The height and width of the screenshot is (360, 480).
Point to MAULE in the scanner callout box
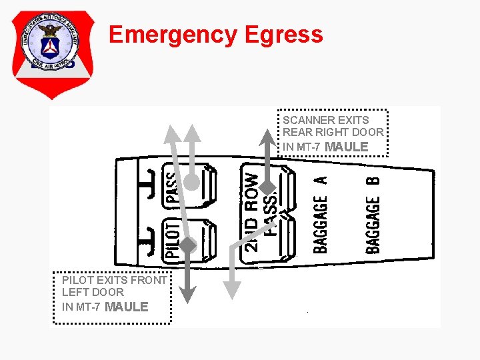pyautogui.click(x=346, y=146)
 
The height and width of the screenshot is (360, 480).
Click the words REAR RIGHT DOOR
pyautogui.click(x=333, y=133)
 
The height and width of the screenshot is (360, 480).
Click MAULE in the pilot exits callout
pyautogui.click(x=127, y=307)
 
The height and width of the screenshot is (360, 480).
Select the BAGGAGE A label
pyautogui.click(x=321, y=214)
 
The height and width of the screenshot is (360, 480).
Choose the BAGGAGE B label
pyautogui.click(x=373, y=215)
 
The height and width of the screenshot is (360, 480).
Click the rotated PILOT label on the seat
pyautogui.click(x=172, y=241)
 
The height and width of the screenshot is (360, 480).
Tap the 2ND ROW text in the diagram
pyautogui.click(x=251, y=211)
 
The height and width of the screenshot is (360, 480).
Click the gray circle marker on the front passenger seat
pyautogui.click(x=191, y=181)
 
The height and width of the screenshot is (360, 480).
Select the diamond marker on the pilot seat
pyautogui.click(x=188, y=246)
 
